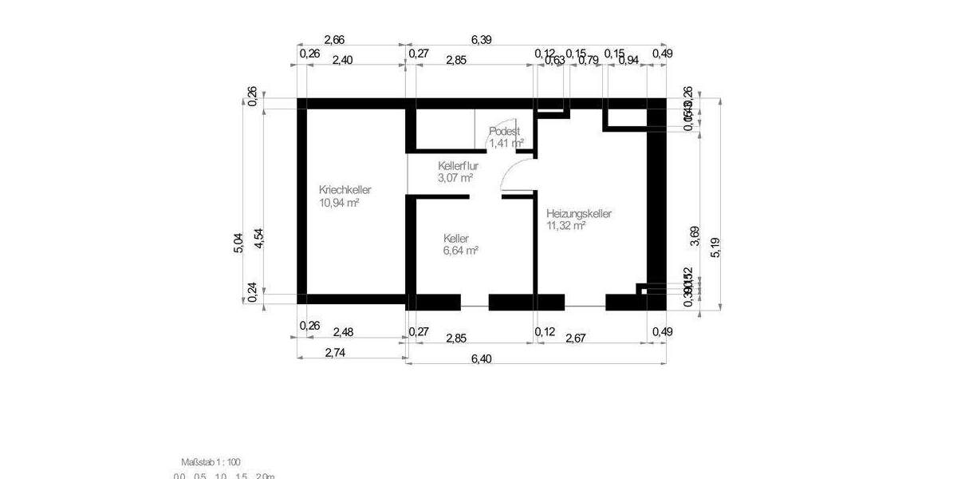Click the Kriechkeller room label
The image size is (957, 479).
point(345,190)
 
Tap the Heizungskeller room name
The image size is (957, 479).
point(578,214)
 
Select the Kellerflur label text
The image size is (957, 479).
point(458,166)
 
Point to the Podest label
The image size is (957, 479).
point(505,131)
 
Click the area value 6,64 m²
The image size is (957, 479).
point(460,251)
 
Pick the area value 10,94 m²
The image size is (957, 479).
point(339,203)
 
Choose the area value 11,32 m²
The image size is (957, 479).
point(566,226)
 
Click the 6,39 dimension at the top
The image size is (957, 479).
point(482,39)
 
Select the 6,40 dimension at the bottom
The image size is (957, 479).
point(482,359)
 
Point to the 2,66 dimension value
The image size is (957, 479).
point(334,39)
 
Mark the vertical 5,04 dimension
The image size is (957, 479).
point(238,243)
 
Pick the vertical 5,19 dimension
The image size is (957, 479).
point(715,247)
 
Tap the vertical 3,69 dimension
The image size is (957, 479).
point(695,236)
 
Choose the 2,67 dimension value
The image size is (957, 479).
point(575,338)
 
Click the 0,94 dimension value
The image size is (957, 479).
point(628,60)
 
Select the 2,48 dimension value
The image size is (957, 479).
point(344,331)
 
